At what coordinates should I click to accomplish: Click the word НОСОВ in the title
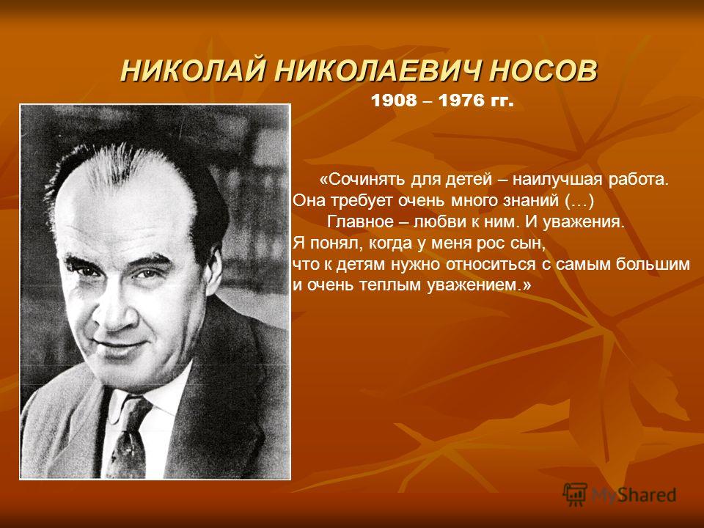point(543,70)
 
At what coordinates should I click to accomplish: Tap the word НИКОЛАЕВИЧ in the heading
point(379,70)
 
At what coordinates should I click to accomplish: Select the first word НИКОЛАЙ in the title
point(194,70)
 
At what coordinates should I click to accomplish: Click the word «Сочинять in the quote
point(361,180)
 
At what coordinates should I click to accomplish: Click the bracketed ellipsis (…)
point(579,201)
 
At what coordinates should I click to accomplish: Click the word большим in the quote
point(653,264)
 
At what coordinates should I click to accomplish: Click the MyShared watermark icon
point(575,494)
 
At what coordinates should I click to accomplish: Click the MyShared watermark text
point(634,495)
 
